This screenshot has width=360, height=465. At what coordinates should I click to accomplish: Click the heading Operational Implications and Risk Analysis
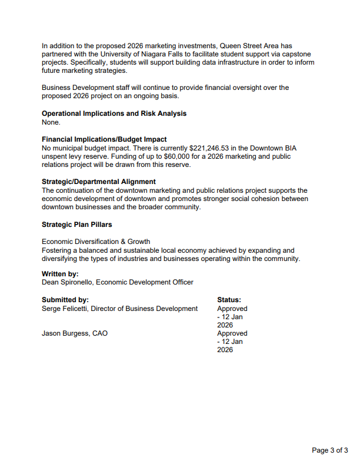[114, 113]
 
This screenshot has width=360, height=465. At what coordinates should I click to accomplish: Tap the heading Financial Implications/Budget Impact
[104, 139]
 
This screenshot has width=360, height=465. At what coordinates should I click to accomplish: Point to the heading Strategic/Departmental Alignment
[99, 182]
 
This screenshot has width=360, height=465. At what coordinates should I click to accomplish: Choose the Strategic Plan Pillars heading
[76, 225]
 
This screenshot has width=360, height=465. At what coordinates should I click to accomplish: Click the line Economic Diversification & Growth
[96, 242]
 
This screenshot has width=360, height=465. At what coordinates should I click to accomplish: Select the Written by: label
[60, 274]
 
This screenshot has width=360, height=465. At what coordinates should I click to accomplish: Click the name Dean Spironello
[66, 282]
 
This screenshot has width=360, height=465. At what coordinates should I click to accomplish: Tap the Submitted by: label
[65, 300]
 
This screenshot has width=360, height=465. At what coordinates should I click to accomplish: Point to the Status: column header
[229, 300]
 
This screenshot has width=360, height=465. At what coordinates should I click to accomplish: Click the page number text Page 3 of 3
[329, 450]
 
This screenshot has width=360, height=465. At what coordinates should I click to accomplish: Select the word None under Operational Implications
[51, 122]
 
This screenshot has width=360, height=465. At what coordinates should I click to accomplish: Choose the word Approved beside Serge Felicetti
[232, 309]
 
